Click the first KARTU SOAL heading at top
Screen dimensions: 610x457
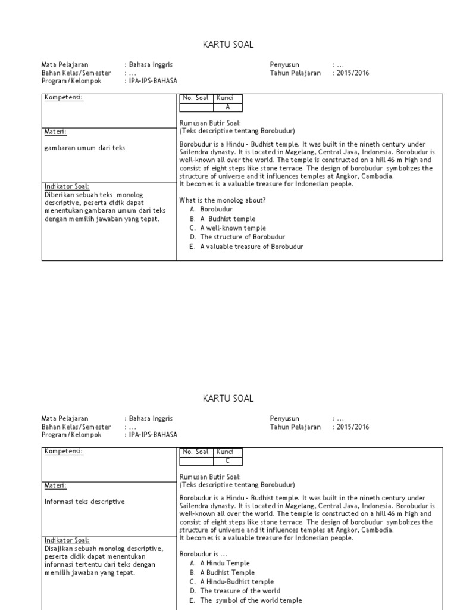228,44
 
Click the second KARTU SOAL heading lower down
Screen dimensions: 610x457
228,398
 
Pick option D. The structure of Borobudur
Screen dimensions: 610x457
238,237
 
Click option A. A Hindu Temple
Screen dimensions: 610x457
220,563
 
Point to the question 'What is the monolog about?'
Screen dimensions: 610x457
223,200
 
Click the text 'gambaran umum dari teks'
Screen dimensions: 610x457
84,148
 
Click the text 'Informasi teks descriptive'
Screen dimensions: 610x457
84,502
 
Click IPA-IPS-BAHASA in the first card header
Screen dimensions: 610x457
153,81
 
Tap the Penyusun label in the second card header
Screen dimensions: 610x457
284,418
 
